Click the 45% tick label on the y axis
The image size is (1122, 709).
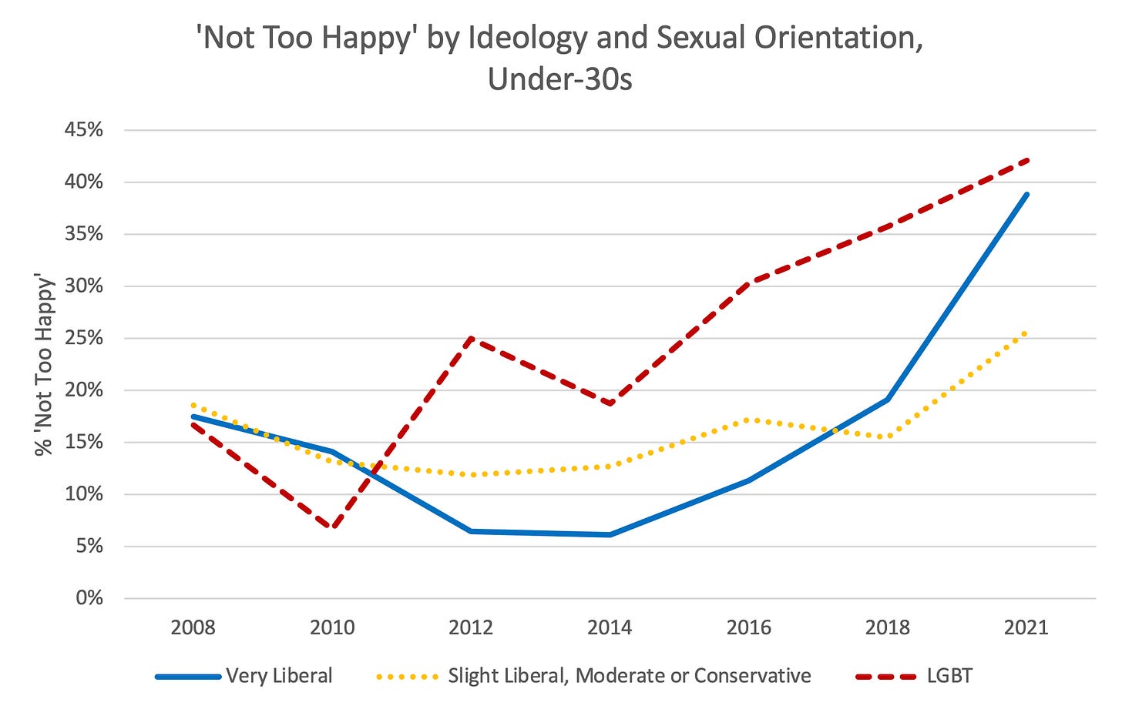pyautogui.click(x=84, y=130)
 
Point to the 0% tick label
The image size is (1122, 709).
pyautogui.click(x=89, y=598)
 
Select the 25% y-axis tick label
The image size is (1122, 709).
pyautogui.click(x=84, y=338)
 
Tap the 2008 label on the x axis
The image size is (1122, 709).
pyautogui.click(x=193, y=627)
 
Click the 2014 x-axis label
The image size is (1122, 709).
pyautogui.click(x=610, y=627)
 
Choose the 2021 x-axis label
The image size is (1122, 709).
pyautogui.click(x=1026, y=627)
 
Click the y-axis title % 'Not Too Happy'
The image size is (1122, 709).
pyautogui.click(x=45, y=365)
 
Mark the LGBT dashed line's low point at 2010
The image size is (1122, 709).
pyautogui.click(x=333, y=527)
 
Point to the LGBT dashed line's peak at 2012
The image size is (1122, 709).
pyautogui.click(x=471, y=338)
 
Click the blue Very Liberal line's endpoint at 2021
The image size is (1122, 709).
pyautogui.click(x=1026, y=194)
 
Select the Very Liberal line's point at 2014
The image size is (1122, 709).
pyautogui.click(x=610, y=534)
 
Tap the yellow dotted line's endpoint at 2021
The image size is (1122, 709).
pyautogui.click(x=1026, y=333)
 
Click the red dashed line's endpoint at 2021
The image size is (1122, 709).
pyautogui.click(x=1026, y=160)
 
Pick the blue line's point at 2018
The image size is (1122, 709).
pyautogui.click(x=888, y=400)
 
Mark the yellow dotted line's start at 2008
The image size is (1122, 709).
pyautogui.click(x=193, y=404)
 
